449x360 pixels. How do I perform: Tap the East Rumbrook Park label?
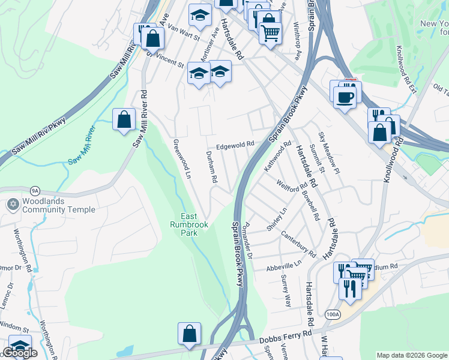194,225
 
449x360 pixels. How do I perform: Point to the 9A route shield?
35,191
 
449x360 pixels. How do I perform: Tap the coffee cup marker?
345,97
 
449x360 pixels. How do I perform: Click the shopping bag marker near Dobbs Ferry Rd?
189,334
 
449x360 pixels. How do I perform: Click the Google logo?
20,353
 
